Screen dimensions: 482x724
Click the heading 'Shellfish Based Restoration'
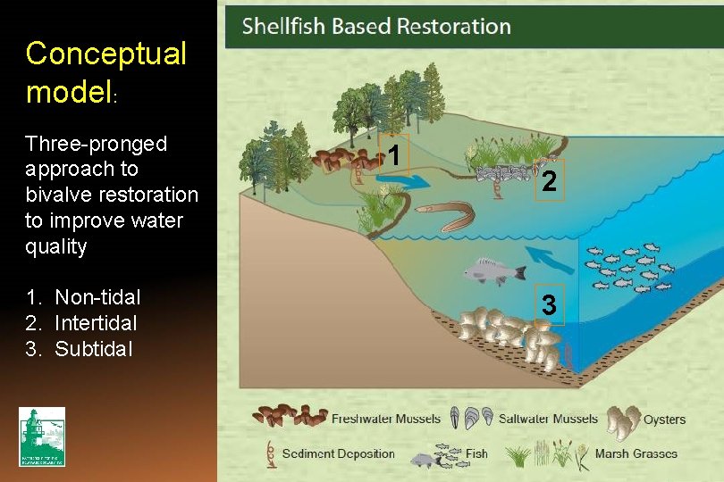[376, 26]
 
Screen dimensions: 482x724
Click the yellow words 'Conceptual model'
[106, 71]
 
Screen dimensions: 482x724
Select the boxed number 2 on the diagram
[549, 181]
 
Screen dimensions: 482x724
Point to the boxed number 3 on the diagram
[549, 305]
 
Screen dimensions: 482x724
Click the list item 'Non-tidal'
[97, 297]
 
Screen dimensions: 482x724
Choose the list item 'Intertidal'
[96, 322]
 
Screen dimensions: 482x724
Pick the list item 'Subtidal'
[93, 348]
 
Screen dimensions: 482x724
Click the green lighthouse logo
[42, 436]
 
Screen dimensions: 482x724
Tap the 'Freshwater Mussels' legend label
[385, 419]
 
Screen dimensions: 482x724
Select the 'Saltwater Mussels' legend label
[548, 419]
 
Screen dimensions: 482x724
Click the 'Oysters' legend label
[664, 419]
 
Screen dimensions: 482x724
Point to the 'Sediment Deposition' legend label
[338, 453]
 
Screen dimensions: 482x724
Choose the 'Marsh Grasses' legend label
[636, 453]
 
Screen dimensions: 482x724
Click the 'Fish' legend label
[476, 453]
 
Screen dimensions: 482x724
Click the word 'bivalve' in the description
[54, 195]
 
